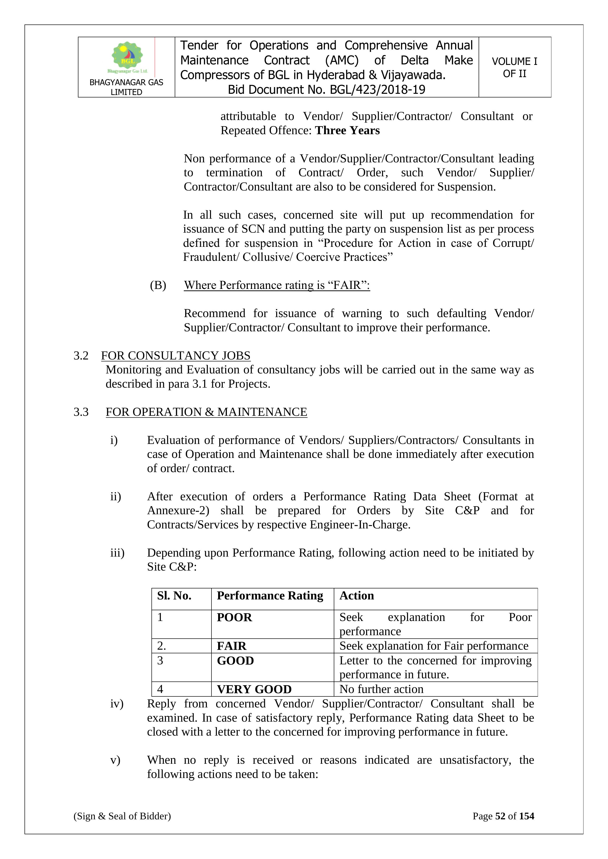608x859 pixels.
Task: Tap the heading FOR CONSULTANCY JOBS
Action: [x=175, y=356]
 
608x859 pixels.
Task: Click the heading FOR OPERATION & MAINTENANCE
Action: [x=206, y=412]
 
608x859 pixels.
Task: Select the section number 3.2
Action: [x=81, y=356]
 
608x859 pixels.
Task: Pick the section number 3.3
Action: [x=81, y=412]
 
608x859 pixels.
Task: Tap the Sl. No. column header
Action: [x=174, y=596]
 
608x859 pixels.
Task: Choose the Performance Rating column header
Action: [x=270, y=596]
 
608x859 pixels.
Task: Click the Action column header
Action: [x=356, y=596]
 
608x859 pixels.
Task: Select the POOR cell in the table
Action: [x=234, y=617]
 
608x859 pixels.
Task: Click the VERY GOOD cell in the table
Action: [x=254, y=689]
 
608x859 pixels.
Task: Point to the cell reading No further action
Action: [x=381, y=689]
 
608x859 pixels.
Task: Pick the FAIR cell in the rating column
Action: [x=231, y=646]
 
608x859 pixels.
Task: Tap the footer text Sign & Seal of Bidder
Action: [x=122, y=816]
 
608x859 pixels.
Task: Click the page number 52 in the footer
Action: [x=500, y=816]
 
